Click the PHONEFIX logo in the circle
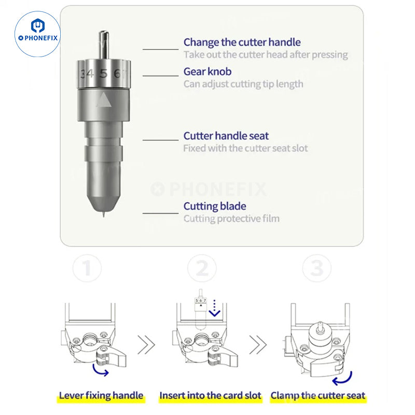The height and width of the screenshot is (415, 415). (37, 34)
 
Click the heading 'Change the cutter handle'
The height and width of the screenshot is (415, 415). (242, 43)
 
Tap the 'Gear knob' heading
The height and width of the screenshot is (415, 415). (208, 72)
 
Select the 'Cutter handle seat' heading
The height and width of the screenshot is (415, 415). (226, 136)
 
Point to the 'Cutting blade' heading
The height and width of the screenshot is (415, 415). (215, 206)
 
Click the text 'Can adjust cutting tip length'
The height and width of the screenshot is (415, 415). (243, 84)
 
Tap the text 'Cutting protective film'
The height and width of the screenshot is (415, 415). (231, 218)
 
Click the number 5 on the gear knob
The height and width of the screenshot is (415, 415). (103, 74)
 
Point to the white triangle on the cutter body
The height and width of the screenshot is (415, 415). (104, 100)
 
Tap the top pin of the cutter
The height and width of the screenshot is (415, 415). (104, 45)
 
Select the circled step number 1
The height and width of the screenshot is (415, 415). (87, 268)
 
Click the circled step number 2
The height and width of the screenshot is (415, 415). (202, 268)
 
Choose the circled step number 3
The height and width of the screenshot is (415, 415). (317, 268)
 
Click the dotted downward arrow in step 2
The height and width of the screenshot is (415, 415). (214, 308)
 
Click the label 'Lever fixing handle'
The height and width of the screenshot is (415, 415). (101, 395)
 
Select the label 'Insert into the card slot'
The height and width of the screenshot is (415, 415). (210, 395)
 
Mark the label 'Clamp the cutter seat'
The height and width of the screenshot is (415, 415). (318, 395)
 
